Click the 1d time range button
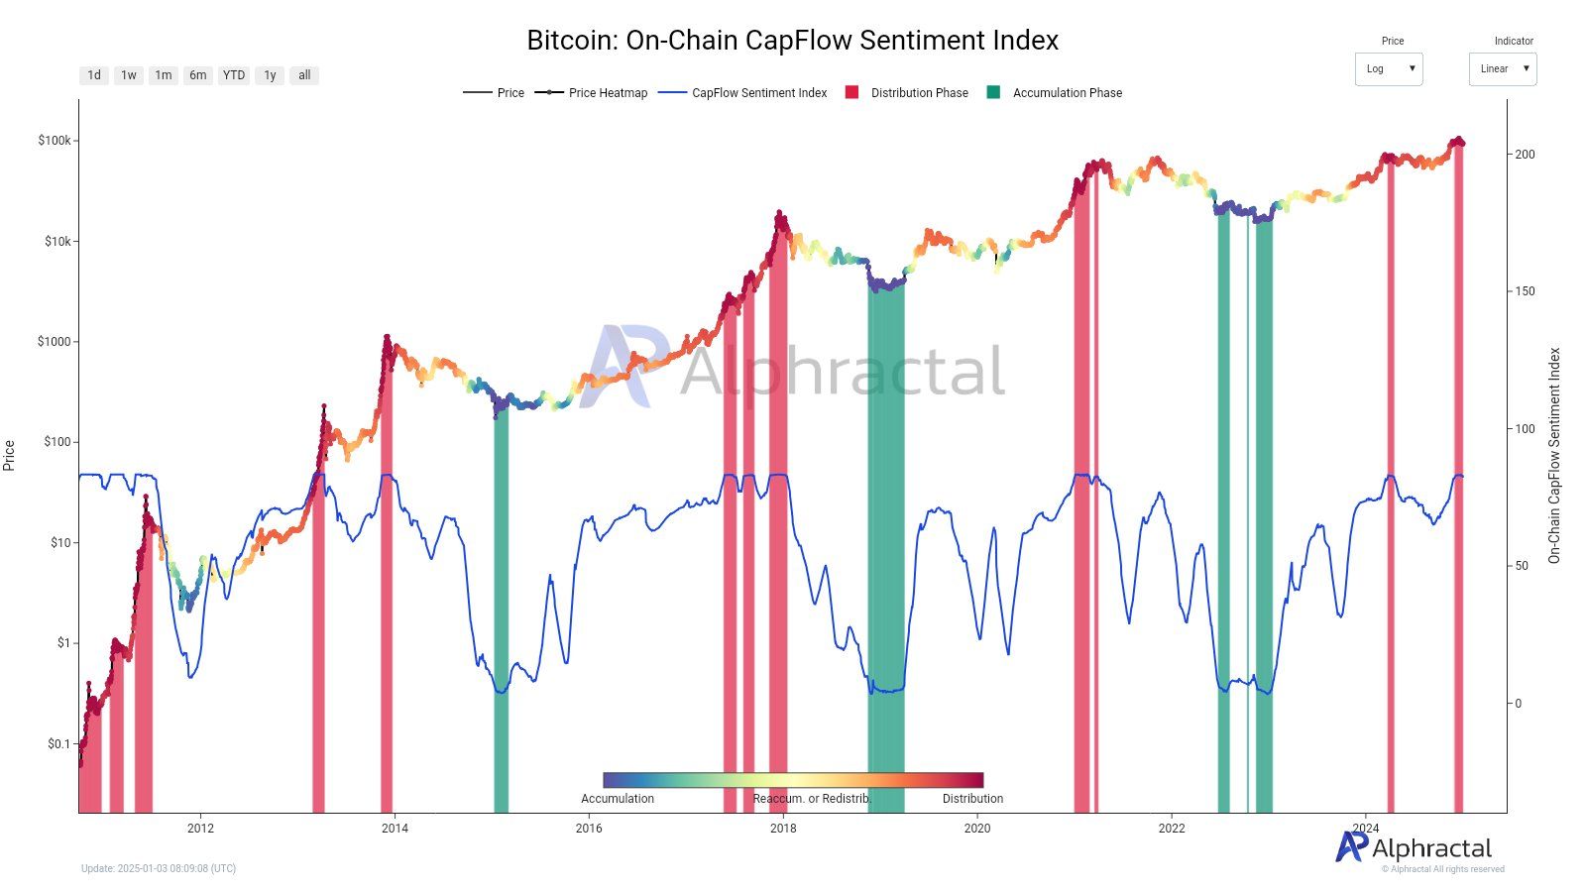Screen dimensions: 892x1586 coord(94,75)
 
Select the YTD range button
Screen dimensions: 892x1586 coord(234,75)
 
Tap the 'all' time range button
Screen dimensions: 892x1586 coord(304,75)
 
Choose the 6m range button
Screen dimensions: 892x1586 coord(198,75)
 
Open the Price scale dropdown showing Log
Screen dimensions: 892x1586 coord(1389,69)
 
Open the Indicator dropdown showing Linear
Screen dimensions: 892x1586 coord(1503,69)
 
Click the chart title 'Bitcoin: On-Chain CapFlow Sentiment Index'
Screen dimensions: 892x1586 coord(792,41)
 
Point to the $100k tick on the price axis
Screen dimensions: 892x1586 coord(55,141)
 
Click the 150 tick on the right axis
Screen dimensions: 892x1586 coord(1525,291)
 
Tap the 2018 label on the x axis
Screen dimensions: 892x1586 coord(783,829)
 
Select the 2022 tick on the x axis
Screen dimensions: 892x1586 coord(1172,829)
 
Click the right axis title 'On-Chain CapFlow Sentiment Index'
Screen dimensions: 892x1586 coord(1553,456)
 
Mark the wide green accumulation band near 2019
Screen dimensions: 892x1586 coord(886,545)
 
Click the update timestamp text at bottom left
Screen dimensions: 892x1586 coord(159,869)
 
